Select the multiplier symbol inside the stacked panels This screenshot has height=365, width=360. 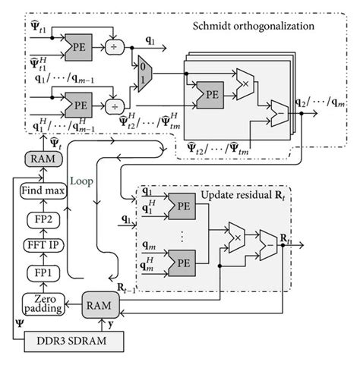[x=245, y=79]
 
